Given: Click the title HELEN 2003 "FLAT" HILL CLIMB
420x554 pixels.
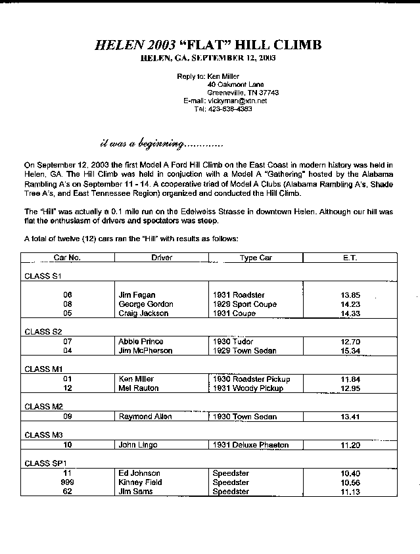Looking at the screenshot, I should click(208, 45).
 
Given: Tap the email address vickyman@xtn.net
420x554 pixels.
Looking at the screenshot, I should click(237, 101).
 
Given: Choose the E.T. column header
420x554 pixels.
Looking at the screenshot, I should click(350, 258).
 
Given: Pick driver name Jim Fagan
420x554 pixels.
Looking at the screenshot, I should click(137, 295).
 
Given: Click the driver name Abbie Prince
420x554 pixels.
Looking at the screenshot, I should click(141, 342).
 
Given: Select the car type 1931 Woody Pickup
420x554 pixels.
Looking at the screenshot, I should click(248, 388).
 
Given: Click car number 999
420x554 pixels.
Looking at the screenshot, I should click(67, 482).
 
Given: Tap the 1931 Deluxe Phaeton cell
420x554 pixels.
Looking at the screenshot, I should click(250, 445).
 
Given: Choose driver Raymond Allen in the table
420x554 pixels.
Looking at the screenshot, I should click(145, 417).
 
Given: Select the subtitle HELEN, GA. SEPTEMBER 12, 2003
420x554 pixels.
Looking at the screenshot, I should click(208, 58).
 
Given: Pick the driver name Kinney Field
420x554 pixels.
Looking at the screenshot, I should click(139, 482).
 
